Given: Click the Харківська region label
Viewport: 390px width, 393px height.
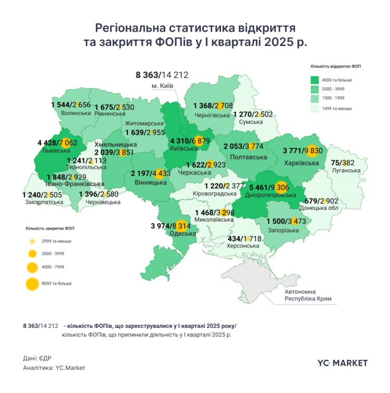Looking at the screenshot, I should pyautogui.click(x=302, y=163).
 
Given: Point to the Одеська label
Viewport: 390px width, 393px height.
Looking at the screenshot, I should pyautogui.click(x=180, y=234).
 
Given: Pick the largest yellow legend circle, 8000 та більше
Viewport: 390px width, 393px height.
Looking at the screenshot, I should pyautogui.click(x=33, y=284).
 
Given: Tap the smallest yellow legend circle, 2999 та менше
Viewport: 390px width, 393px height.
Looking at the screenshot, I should pyautogui.click(x=33, y=241).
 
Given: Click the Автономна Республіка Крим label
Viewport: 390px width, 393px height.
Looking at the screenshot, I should pyautogui.click(x=308, y=295).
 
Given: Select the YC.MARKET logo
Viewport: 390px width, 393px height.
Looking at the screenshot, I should pyautogui.click(x=343, y=362).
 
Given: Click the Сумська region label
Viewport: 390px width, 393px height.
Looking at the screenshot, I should pyautogui.click(x=251, y=122).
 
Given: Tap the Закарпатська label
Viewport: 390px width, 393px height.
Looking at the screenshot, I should pyautogui.click(x=40, y=201).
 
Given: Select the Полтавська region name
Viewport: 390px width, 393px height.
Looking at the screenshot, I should pyautogui.click(x=245, y=157).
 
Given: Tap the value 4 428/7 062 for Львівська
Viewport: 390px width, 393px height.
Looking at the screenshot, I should pyautogui.click(x=57, y=143).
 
